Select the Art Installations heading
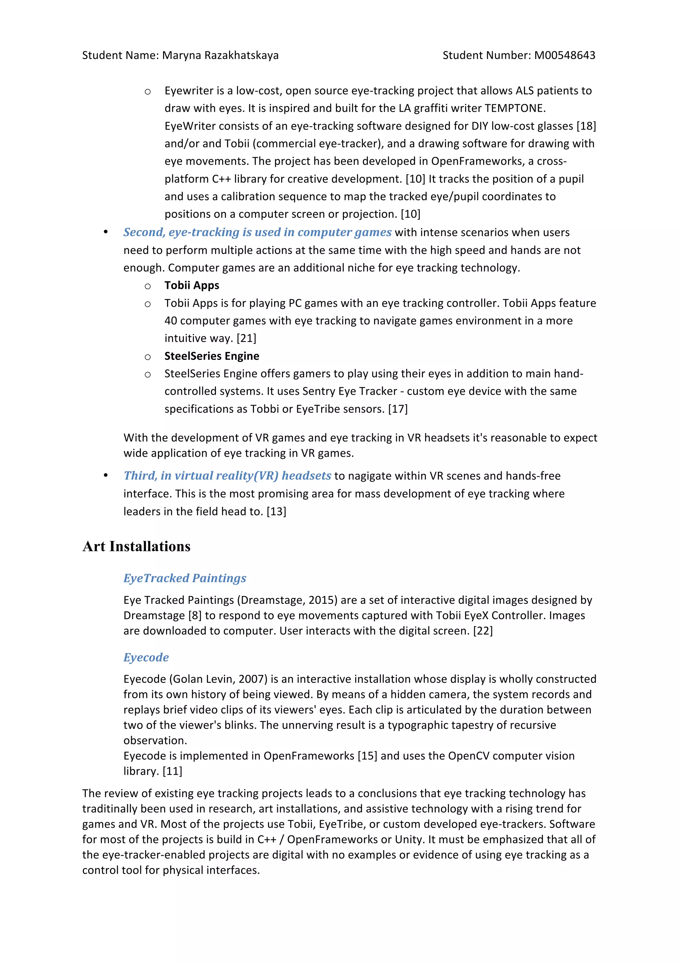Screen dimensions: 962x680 [136, 546]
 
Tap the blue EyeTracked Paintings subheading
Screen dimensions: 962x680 [185, 578]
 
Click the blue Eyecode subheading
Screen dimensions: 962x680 [146, 657]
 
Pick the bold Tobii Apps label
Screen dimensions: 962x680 [192, 285]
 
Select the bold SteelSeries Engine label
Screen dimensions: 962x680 [212, 356]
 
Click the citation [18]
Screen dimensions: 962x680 [586, 126]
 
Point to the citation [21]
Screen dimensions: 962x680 [246, 338]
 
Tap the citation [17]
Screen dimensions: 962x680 [398, 409]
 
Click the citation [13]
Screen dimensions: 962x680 [276, 512]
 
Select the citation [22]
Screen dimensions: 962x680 [483, 631]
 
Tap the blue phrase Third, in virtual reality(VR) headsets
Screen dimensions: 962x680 [227, 476]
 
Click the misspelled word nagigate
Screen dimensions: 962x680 [371, 476]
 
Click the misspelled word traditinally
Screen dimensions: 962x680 [110, 809]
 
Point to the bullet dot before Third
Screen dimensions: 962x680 [106, 476]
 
